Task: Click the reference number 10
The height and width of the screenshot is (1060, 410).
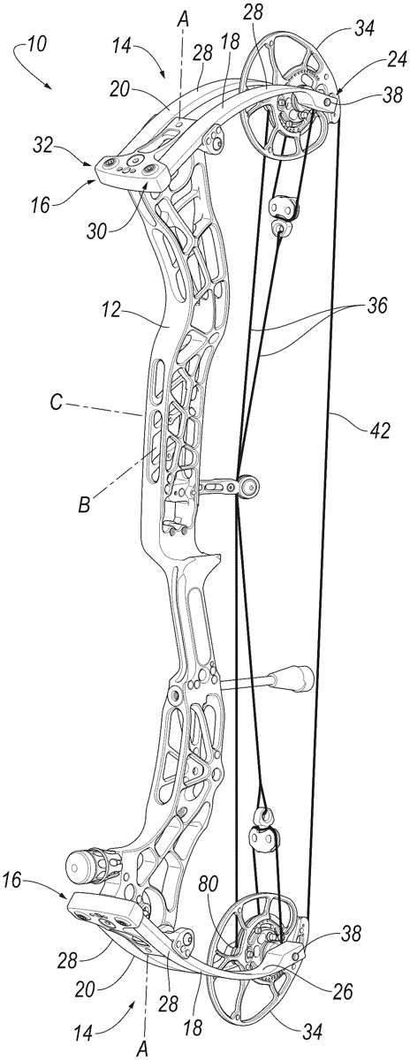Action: click(36, 45)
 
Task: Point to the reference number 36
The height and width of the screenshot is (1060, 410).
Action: click(376, 306)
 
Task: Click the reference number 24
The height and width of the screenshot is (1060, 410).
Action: click(396, 60)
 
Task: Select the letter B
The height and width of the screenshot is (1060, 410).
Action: click(84, 505)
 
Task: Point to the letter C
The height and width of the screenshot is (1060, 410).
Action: click(57, 405)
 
